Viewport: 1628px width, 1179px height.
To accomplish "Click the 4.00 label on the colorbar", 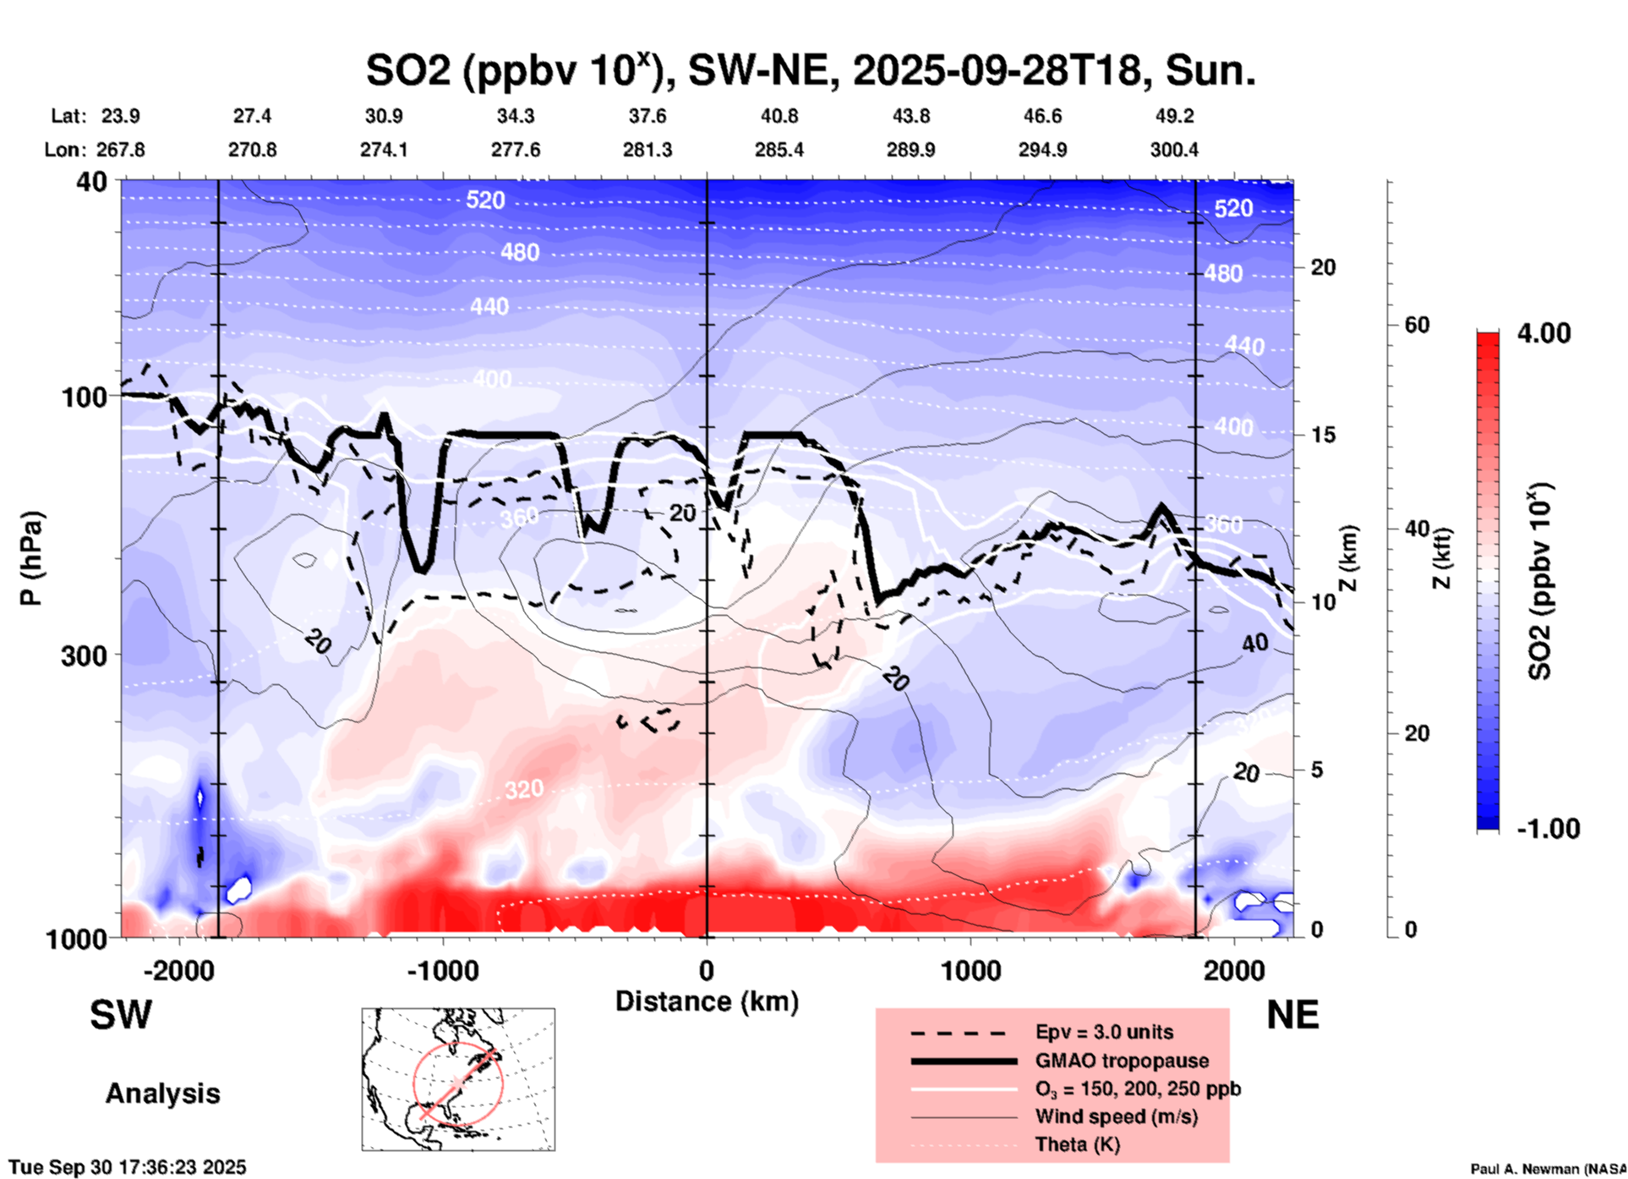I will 1543,333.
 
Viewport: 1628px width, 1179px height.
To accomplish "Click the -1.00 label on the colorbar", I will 1548,829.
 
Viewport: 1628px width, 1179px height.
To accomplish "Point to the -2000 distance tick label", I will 179,970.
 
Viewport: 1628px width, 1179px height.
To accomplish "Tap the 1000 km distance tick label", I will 970,970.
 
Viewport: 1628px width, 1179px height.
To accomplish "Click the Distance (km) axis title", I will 707,1001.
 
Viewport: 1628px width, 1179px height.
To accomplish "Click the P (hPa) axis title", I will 31,558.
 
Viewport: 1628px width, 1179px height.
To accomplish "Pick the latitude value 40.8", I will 778,116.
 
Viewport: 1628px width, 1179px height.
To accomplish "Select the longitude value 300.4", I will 1173,150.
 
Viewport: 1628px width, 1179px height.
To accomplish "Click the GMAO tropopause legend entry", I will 1122,1061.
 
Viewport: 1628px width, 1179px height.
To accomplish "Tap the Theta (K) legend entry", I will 1077,1144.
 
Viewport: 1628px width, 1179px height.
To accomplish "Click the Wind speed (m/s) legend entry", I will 1116,1116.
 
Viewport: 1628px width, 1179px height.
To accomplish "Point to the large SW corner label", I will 121,1015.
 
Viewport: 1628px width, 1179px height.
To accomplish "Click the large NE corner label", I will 1292,1015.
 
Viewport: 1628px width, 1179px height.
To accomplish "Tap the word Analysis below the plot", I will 162,1094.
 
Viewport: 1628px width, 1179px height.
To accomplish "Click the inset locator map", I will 458,1079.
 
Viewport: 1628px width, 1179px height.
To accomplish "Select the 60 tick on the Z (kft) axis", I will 1417,325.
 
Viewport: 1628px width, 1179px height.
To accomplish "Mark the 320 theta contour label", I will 524,790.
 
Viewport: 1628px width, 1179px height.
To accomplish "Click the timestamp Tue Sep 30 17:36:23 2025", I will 128,1167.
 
